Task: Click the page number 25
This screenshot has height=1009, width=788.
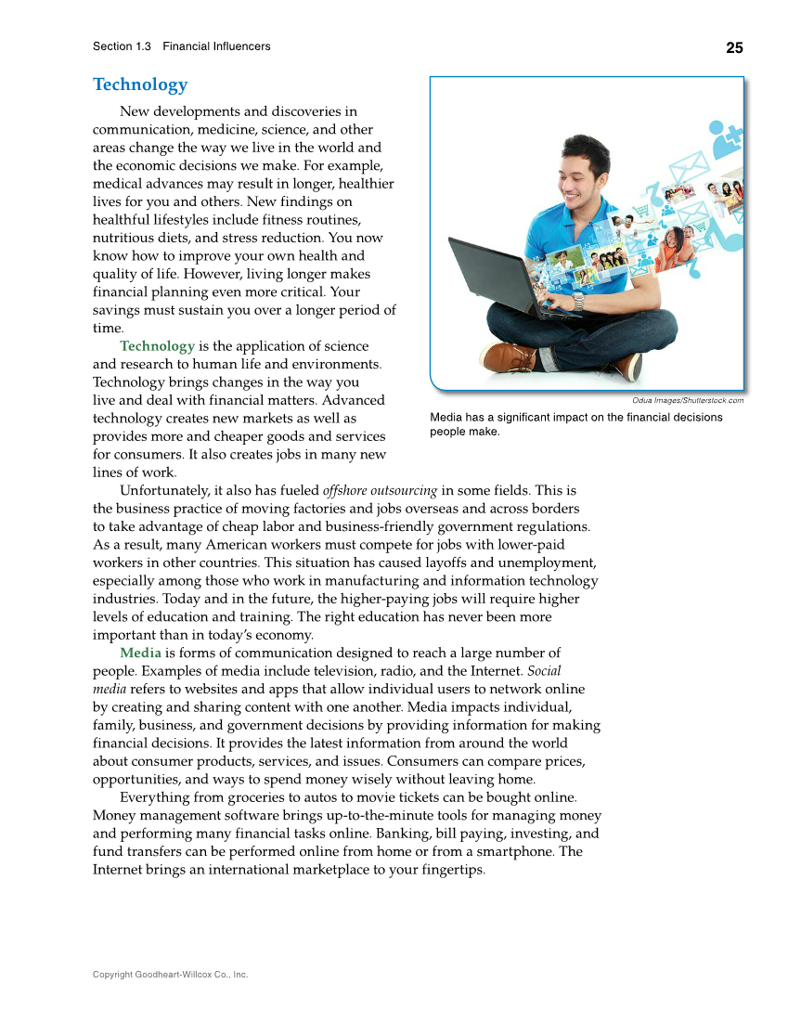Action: [734, 48]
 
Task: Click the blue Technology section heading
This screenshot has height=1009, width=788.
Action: [140, 84]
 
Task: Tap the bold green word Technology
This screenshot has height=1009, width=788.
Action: [157, 346]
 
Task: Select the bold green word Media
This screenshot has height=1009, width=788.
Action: [140, 653]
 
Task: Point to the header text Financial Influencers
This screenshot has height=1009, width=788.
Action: [216, 46]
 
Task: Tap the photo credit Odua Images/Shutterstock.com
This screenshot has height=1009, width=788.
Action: [688, 400]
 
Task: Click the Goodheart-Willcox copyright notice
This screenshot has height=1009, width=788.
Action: [170, 975]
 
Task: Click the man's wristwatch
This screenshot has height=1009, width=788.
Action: [578, 300]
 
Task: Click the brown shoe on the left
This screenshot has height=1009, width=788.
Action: [507, 356]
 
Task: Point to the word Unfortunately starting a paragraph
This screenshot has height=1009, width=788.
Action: [163, 491]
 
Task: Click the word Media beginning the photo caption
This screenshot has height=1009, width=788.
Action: [446, 418]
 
